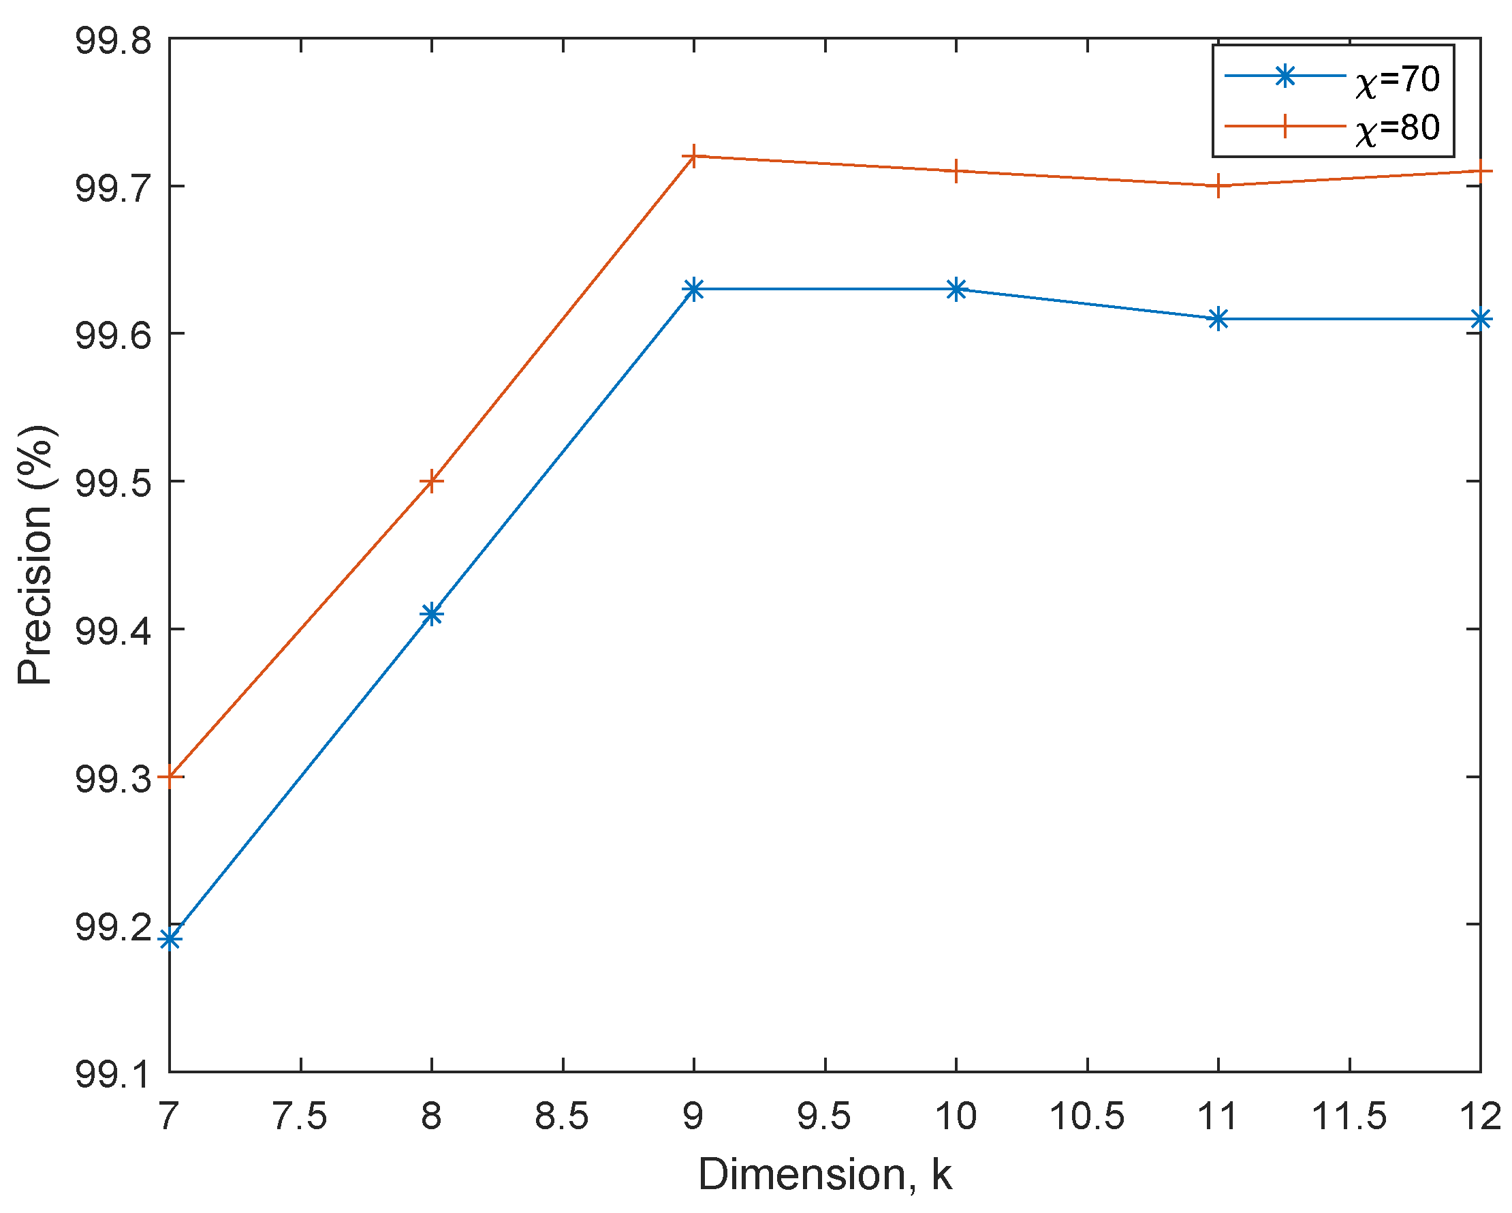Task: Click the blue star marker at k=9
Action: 693,289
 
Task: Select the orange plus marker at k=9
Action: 693,156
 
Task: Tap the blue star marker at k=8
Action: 432,615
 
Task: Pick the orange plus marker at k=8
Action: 432,481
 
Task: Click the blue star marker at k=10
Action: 956,289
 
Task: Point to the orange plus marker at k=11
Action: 1218,186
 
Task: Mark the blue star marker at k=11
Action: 1218,319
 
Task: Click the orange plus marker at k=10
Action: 956,171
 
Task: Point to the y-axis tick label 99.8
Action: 113,41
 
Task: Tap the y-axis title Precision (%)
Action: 35,554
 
